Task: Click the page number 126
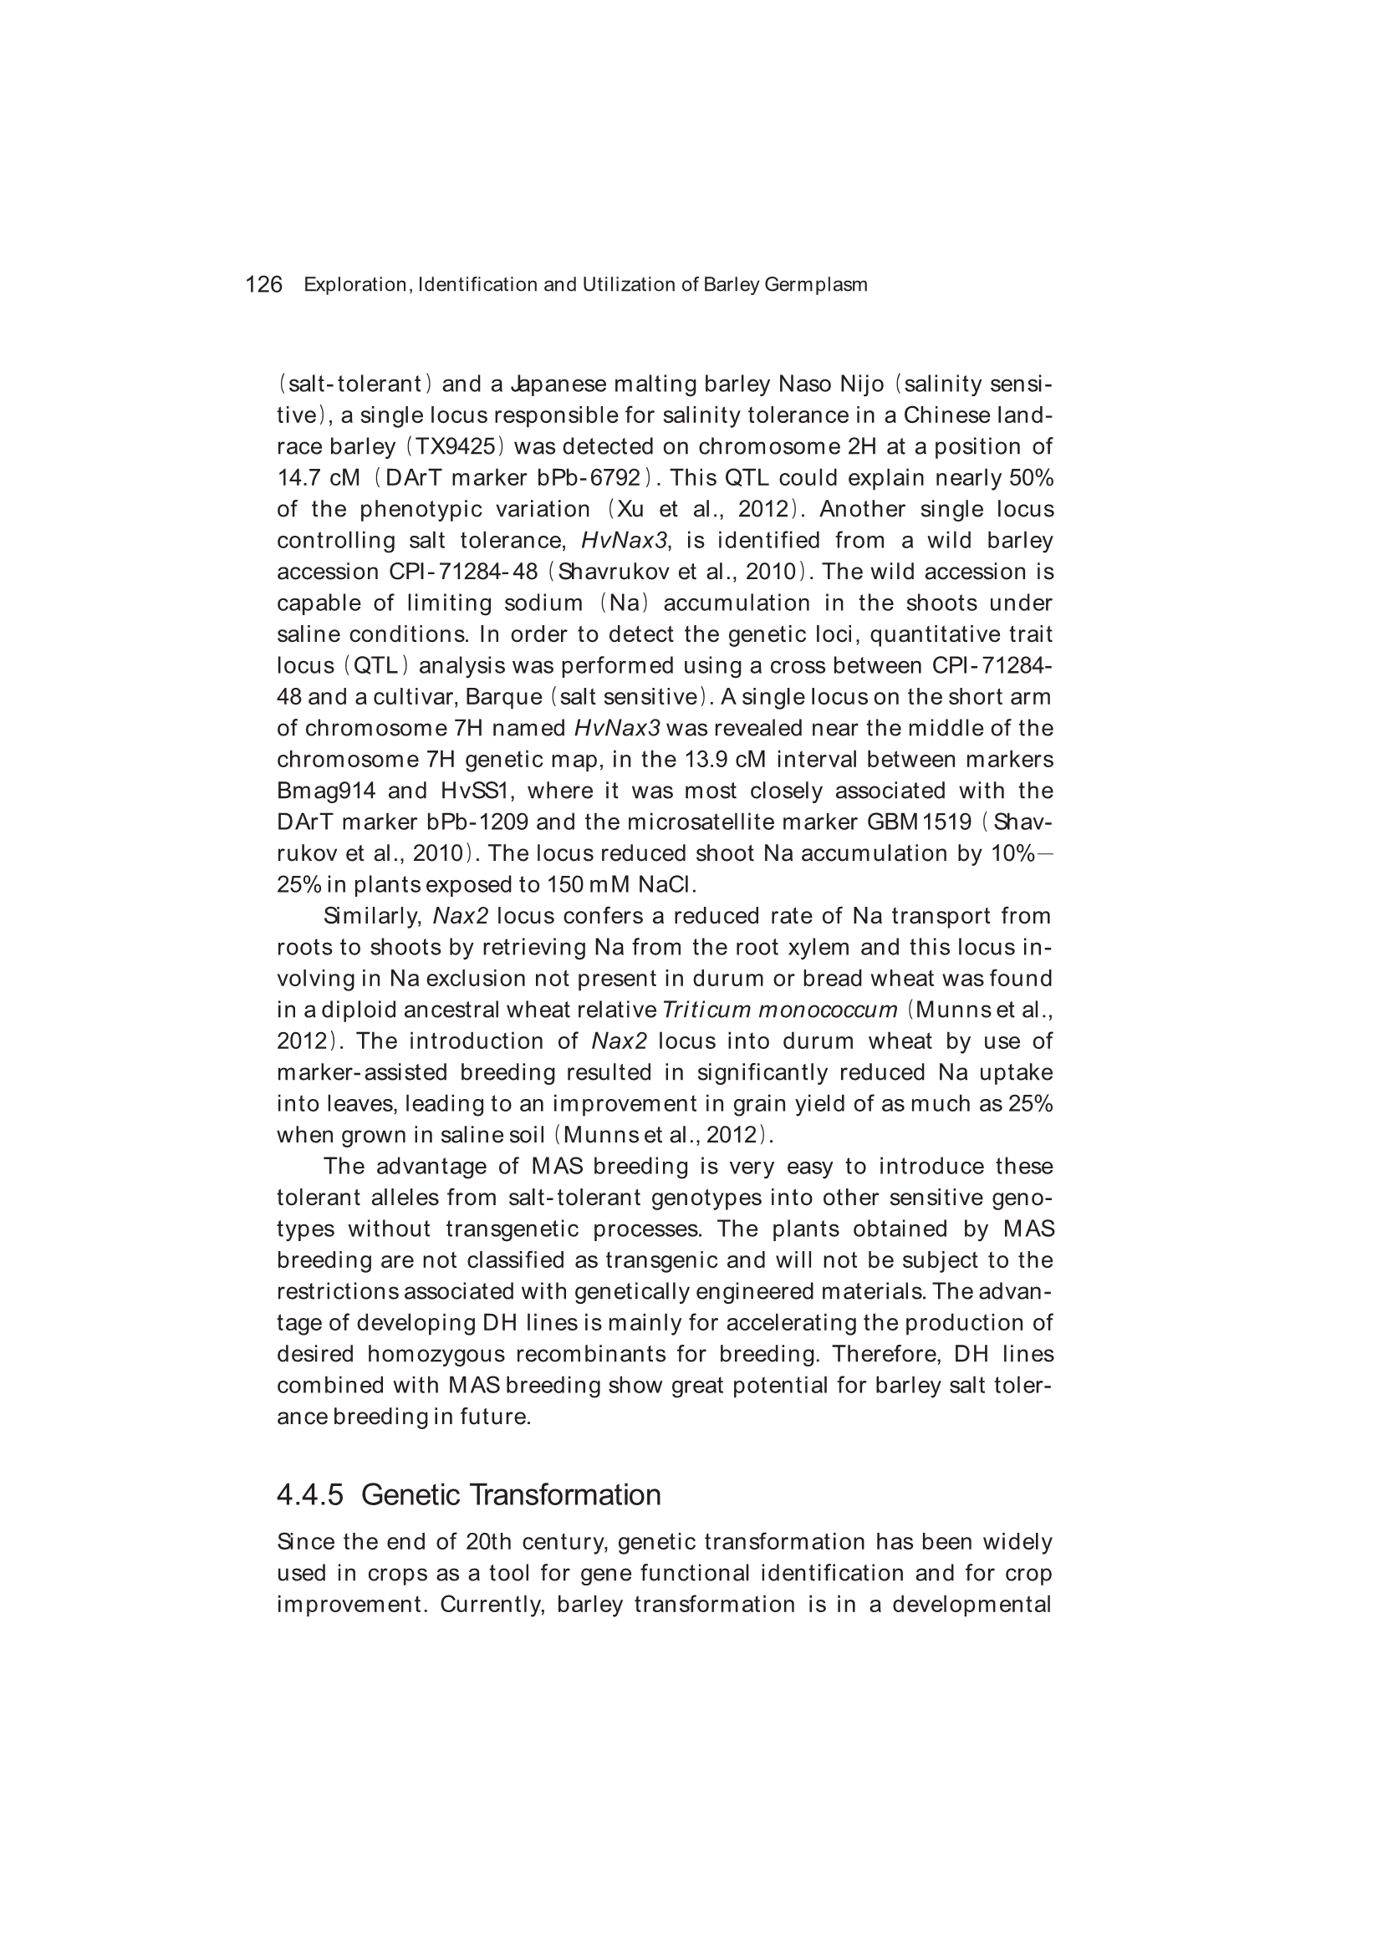click(263, 285)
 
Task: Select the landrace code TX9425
click(461, 447)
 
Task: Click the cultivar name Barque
click(503, 697)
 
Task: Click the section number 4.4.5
click(310, 1494)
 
